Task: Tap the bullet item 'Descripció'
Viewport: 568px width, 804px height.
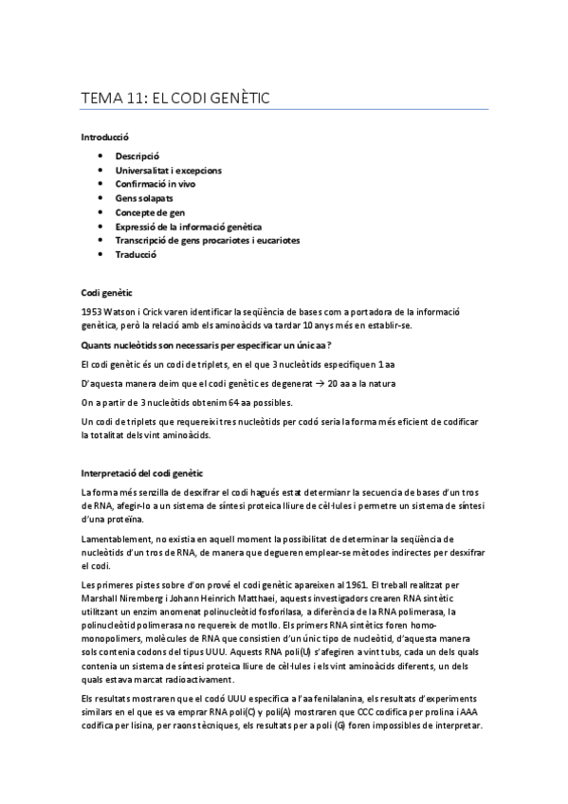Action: click(x=137, y=155)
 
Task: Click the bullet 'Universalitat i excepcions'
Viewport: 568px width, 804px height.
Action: click(x=169, y=170)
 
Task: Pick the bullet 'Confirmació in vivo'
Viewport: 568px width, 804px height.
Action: click(x=155, y=184)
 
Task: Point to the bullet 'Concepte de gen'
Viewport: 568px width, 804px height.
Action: click(x=150, y=212)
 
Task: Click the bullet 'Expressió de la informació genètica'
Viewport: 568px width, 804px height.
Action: click(x=189, y=227)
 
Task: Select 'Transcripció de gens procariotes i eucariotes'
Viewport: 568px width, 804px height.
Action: click(x=207, y=241)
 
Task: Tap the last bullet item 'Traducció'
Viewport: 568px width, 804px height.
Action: click(x=136, y=255)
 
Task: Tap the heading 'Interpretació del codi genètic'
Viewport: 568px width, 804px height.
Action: click(x=149, y=473)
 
